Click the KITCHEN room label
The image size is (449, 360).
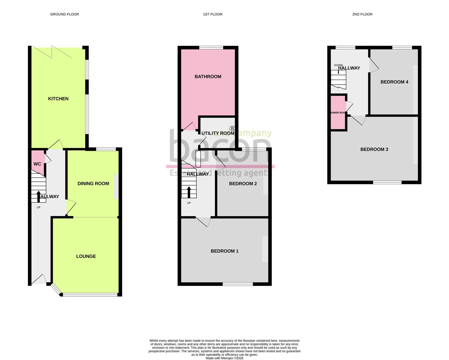[x=58, y=99]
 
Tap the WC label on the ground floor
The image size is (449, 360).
[x=37, y=164]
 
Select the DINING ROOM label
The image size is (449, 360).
[x=93, y=183]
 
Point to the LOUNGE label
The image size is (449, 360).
[x=86, y=256]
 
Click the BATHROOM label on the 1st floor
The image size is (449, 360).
[x=208, y=77]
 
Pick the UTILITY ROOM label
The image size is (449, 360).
[x=218, y=133]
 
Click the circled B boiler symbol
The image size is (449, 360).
[x=232, y=128]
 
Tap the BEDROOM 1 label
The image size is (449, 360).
[x=224, y=251]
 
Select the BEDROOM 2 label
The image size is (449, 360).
[x=243, y=184]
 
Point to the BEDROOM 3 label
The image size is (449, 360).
[x=374, y=149]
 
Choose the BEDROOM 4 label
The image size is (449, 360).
[x=394, y=82]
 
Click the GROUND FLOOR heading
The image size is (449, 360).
[x=64, y=14]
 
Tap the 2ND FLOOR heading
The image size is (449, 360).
[x=362, y=14]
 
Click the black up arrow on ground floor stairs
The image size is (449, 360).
[x=39, y=196]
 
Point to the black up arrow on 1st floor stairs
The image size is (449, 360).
[x=189, y=192]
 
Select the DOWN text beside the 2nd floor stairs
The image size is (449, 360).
[x=338, y=65]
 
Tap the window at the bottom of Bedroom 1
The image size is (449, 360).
[x=238, y=284]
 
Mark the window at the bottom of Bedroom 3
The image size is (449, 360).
[x=387, y=182]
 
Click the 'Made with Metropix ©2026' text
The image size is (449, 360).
[x=224, y=358]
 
